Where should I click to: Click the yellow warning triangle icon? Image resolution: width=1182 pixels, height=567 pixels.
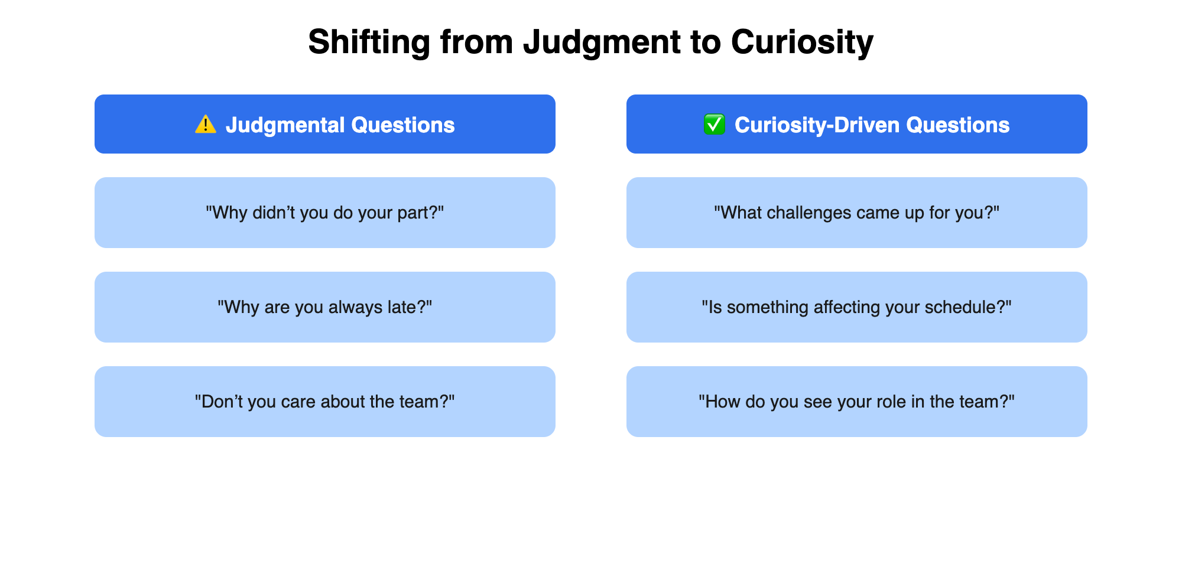206,125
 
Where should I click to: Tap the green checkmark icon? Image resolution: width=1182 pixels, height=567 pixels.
714,125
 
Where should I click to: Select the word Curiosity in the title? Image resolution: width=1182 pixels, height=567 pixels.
802,43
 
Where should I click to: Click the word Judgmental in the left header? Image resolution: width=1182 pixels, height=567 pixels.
285,125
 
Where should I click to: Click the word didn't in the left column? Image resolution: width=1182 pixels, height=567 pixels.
274,213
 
